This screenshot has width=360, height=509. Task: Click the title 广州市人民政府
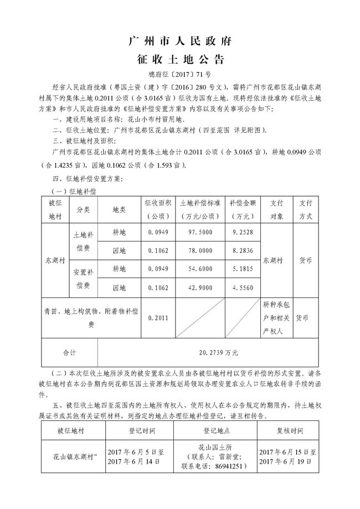[x=179, y=41]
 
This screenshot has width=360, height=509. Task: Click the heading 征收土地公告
[x=179, y=59]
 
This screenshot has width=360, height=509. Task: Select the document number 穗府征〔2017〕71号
[x=179, y=74]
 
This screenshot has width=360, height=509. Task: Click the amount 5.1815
[x=242, y=269]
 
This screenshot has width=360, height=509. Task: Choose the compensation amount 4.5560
[x=242, y=288]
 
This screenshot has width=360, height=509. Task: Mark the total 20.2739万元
[x=208, y=352]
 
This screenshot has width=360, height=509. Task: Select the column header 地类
[x=119, y=210]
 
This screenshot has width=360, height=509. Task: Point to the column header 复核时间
[x=290, y=430]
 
